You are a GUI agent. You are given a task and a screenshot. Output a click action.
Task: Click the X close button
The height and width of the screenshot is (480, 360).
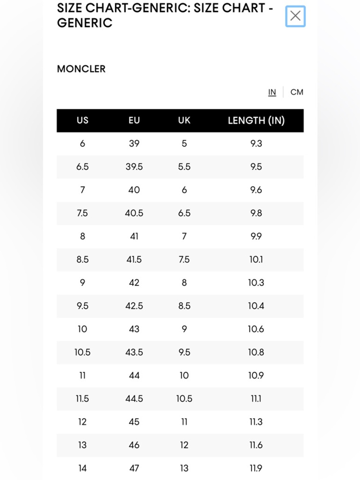click(295, 16)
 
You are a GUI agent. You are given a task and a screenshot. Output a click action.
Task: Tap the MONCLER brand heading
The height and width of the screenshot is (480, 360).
click(81, 69)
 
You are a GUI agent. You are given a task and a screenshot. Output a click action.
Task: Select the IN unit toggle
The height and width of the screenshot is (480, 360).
click(272, 92)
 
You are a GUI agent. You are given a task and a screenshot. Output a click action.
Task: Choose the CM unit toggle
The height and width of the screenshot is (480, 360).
click(297, 92)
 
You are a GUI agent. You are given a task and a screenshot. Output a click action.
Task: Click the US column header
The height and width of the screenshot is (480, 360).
click(82, 120)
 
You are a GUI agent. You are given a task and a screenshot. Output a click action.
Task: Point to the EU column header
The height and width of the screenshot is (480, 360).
click(134, 120)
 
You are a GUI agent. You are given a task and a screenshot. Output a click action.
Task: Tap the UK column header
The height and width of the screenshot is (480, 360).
click(184, 120)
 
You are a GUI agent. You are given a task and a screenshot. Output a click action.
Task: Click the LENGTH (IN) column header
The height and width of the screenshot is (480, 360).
click(256, 120)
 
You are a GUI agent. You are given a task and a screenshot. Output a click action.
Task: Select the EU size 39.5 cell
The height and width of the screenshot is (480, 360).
click(134, 167)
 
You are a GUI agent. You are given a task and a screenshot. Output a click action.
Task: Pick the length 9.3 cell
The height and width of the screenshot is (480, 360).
click(256, 143)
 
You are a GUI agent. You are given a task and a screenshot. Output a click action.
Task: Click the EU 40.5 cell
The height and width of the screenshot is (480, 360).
click(134, 213)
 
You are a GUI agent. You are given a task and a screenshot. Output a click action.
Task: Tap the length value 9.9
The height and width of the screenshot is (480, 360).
click(256, 236)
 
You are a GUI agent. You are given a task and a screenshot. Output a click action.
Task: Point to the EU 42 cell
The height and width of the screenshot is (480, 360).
click(134, 283)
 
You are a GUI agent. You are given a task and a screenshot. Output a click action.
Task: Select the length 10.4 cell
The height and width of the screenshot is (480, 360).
click(256, 306)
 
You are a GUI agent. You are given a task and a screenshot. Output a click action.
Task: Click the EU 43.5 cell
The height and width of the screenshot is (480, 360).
click(134, 352)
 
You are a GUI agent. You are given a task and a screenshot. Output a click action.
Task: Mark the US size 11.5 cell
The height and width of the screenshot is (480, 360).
click(82, 399)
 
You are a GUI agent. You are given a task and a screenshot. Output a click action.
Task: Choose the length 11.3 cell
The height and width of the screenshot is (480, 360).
click(256, 422)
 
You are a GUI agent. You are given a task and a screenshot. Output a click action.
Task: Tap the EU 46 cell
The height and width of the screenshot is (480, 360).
click(134, 445)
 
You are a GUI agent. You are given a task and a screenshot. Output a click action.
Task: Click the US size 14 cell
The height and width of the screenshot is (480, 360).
click(82, 468)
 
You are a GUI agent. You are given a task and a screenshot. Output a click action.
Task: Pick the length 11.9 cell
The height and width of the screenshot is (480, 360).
click(256, 468)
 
